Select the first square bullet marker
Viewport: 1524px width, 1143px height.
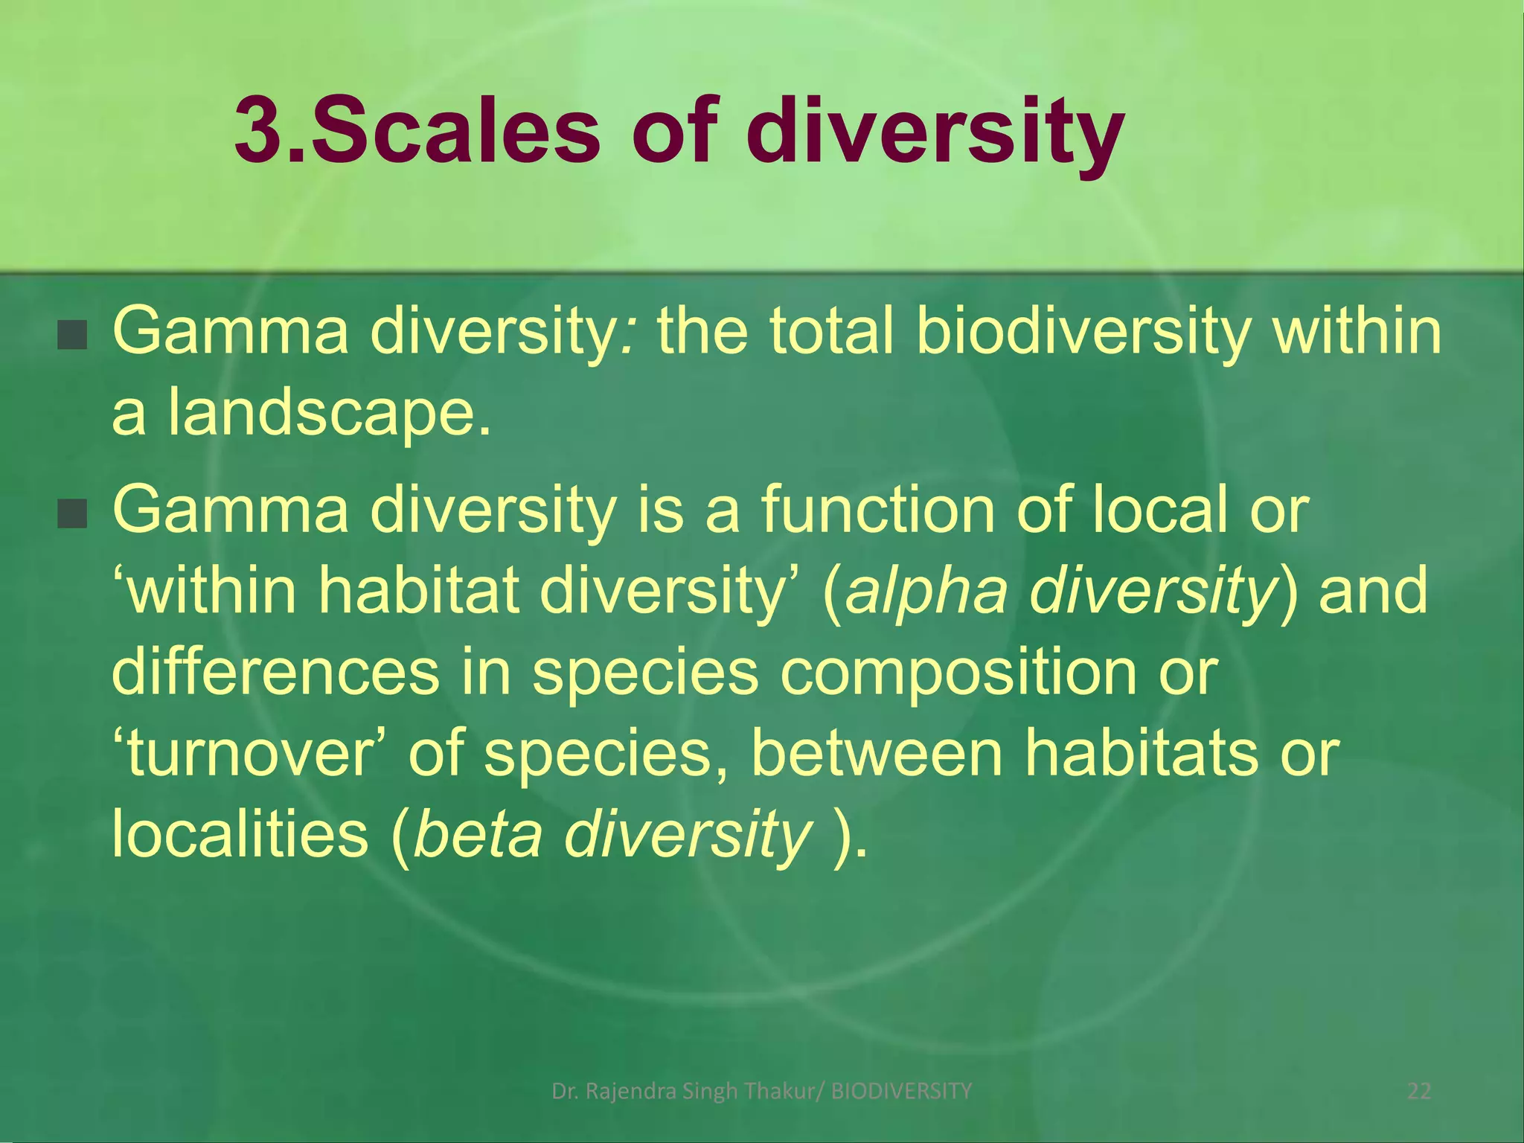tap(73, 336)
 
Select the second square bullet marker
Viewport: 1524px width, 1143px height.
tap(73, 514)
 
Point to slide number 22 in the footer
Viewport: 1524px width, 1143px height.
tap(1419, 1092)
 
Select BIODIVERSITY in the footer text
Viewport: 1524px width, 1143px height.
tap(901, 1092)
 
